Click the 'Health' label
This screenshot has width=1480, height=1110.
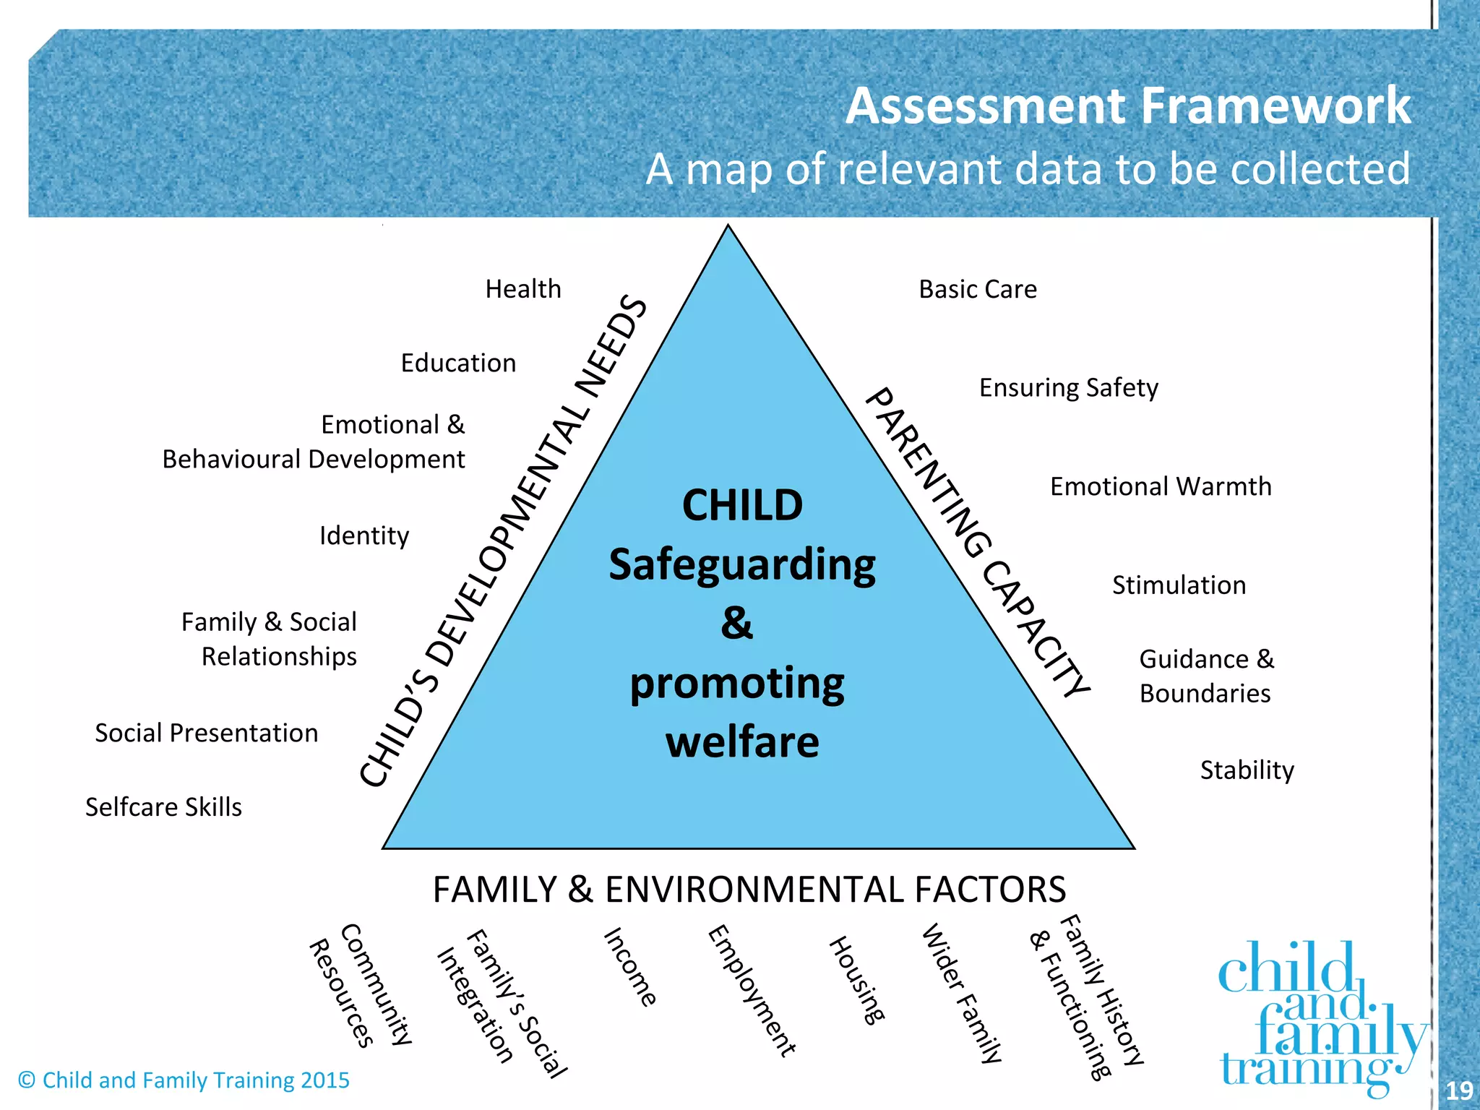(523, 289)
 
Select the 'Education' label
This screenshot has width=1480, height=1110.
(458, 363)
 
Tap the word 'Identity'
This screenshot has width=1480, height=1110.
(364, 535)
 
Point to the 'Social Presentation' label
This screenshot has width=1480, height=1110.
(207, 733)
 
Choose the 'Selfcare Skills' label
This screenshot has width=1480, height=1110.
(164, 806)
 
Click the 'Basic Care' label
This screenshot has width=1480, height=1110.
(978, 289)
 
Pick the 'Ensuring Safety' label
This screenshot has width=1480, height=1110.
(1069, 388)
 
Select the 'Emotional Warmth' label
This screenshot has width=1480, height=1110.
(1161, 486)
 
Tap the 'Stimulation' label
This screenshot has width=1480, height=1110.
(1179, 585)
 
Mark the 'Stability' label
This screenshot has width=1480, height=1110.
(1247, 770)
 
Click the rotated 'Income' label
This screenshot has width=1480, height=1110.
(630, 968)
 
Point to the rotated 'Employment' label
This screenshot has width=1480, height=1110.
(752, 991)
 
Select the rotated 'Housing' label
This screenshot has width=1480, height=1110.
(857, 980)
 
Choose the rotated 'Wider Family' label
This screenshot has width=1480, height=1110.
(962, 993)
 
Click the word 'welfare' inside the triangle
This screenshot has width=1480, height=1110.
(743, 742)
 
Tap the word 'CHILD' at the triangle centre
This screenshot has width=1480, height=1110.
(742, 505)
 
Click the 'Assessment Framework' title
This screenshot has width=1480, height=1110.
(1127, 106)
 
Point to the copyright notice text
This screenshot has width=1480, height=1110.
(184, 1080)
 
